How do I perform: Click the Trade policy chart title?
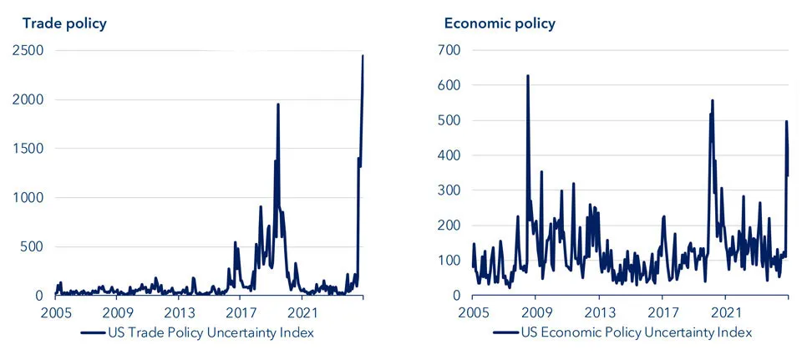point(64,23)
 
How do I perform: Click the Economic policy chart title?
point(499,23)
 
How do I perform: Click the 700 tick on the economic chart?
point(450,51)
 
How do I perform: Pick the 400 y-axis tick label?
point(450,155)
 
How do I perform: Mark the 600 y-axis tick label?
point(450,85)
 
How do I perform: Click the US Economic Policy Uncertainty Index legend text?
point(636,332)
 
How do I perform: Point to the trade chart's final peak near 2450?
point(363,56)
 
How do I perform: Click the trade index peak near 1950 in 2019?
point(277,104)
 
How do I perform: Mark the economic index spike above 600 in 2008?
point(527,76)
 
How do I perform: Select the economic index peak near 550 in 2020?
point(713,100)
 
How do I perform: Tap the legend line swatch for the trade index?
point(91,332)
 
